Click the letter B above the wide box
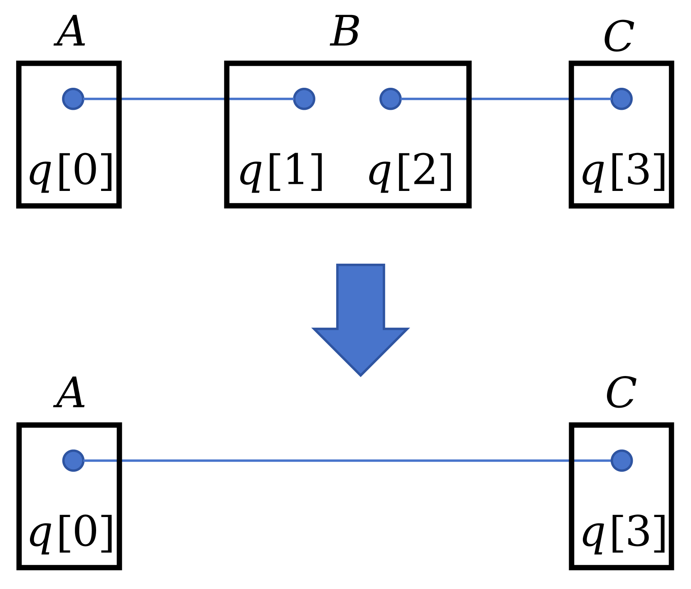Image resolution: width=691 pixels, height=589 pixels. [x=345, y=32]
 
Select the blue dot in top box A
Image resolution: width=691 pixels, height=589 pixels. [x=73, y=99]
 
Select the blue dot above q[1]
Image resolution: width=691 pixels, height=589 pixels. [x=304, y=99]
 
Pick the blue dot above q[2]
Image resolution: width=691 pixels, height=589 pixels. [x=391, y=99]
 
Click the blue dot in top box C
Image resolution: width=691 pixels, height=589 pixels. [x=622, y=99]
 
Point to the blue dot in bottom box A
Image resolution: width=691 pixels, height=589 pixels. [x=74, y=460]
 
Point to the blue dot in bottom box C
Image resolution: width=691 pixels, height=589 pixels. [x=622, y=460]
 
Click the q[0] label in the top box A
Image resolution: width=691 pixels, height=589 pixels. [x=71, y=172]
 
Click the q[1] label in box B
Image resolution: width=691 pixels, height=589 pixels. [x=282, y=172]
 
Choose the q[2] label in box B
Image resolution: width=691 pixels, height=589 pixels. [x=411, y=172]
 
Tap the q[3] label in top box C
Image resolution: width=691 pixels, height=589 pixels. [x=623, y=172]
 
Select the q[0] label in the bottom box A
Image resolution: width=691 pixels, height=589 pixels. [x=71, y=534]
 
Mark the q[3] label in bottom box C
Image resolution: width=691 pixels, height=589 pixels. [x=623, y=534]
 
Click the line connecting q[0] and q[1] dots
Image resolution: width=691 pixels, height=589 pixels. [x=175, y=99]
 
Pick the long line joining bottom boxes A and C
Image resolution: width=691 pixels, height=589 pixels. [x=345, y=460]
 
